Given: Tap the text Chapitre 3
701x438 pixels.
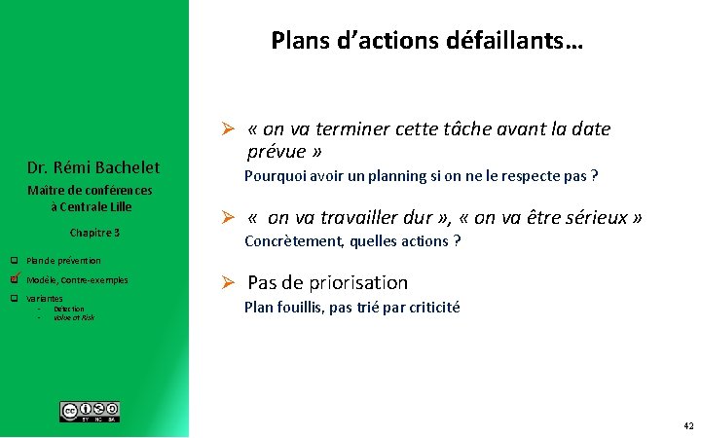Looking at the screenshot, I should tap(94, 233).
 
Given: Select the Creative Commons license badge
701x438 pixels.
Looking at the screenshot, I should tap(90, 412).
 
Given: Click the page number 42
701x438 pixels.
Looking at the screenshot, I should tap(688, 426).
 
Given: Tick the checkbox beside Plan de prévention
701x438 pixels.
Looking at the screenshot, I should tap(15, 261).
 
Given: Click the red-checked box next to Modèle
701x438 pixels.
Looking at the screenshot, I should tap(15, 279).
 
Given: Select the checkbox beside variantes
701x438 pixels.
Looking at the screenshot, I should tap(15, 298).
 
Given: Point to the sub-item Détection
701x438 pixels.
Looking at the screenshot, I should tap(68, 309).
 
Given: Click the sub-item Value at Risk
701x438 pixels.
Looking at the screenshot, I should tap(74, 317).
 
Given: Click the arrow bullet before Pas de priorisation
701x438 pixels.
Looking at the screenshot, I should tap(227, 283).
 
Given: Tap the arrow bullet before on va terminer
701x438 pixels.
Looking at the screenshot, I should tap(227, 130).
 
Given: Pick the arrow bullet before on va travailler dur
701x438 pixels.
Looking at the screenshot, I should tap(227, 218).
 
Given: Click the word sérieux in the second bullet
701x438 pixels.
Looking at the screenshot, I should tap(598, 218).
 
